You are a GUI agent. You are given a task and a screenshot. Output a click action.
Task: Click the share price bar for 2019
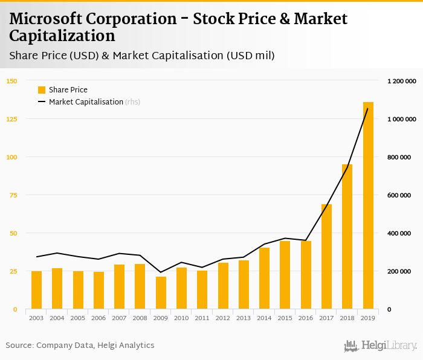click(368, 206)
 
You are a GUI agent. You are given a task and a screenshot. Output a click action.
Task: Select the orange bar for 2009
click(161, 293)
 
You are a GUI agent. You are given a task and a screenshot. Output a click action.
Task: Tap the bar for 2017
click(326, 257)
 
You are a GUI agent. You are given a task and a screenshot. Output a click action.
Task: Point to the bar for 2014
click(264, 278)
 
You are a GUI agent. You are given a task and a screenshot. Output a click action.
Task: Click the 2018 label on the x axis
click(347, 318)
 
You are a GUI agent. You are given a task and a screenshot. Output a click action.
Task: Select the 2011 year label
click(202, 318)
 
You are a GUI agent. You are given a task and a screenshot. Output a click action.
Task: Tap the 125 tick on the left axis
click(11, 119)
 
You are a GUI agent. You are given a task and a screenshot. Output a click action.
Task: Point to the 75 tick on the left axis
click(13, 195)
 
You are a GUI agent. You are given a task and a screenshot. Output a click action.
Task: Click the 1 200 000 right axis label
click(402, 81)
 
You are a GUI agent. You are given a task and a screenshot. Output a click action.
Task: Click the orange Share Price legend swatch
click(42, 90)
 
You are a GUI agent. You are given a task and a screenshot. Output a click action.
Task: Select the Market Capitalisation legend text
click(86, 102)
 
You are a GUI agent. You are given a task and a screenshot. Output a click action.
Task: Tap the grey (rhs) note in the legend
click(133, 102)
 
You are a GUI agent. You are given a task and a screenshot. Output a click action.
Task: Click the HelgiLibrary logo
click(380, 346)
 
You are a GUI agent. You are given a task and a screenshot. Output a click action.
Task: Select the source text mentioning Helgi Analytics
click(80, 346)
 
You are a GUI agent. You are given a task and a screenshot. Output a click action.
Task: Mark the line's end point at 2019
click(368, 109)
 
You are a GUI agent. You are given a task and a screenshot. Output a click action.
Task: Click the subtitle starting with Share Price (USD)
click(141, 56)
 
